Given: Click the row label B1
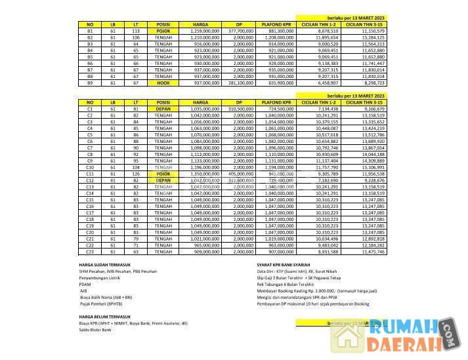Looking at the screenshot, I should point(90,31).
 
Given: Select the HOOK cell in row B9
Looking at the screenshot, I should point(163,83).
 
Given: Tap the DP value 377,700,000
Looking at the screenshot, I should point(240,31).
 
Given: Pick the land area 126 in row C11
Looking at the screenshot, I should point(135,174).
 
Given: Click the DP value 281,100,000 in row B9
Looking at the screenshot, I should point(240,83).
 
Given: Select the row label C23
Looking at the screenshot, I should point(90,252).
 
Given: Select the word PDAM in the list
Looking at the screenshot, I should point(85,284).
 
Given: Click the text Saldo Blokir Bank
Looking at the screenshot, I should point(95,330).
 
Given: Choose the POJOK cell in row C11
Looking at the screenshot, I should point(163,174).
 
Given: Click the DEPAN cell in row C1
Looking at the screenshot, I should point(163,109).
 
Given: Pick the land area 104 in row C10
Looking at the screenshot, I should point(135,167).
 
